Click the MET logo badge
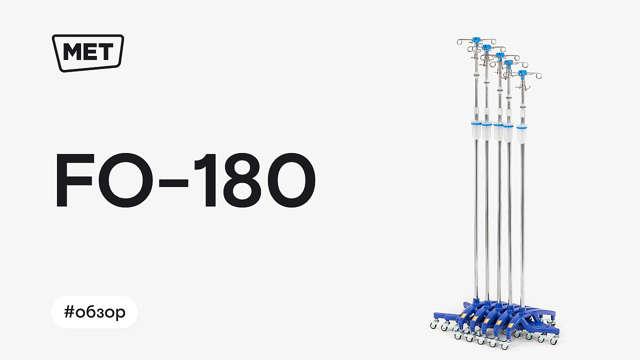pos(87,53)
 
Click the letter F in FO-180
pos(75,180)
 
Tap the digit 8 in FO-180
pos(242,180)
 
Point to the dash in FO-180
pos(173,182)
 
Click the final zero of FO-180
pos(290,180)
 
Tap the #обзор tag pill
pos(94,312)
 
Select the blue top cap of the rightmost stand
pos(522,73)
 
